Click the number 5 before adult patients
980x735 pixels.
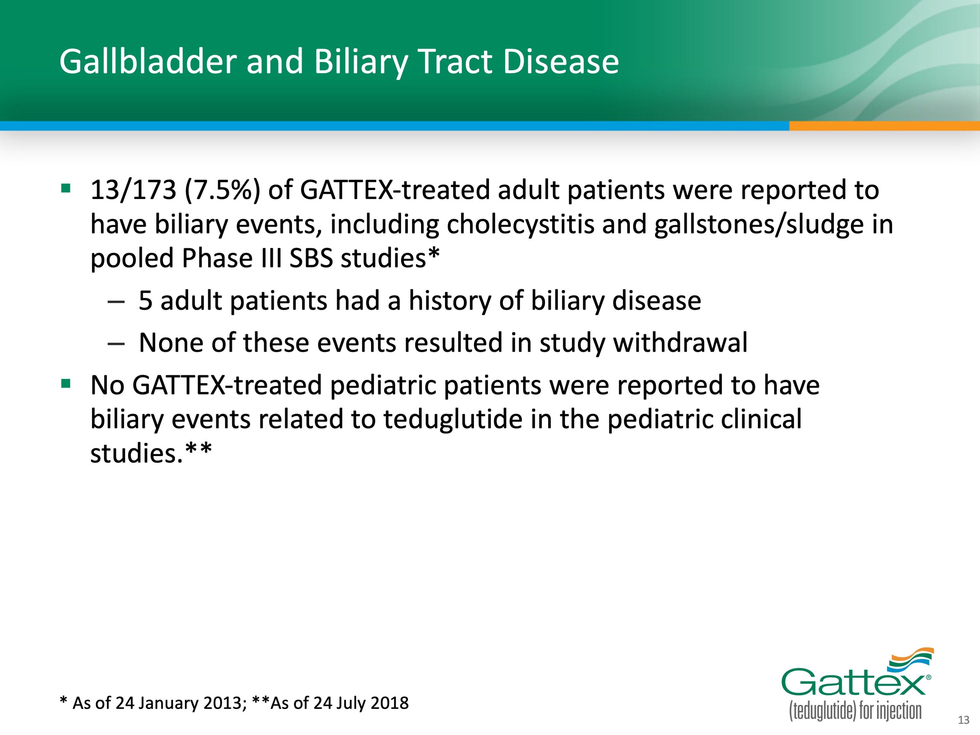pos(146,300)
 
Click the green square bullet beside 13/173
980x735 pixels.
pos(66,189)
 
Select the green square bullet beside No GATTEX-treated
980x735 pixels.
pos(66,383)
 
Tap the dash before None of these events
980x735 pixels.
pos(116,344)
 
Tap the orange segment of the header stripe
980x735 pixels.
pos(884,126)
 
